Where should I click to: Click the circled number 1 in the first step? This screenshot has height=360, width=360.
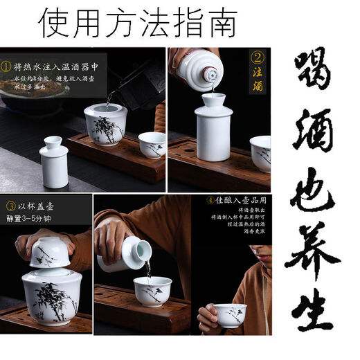tap(6, 67)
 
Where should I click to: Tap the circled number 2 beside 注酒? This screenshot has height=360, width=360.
tap(257, 58)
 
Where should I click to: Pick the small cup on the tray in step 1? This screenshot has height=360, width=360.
tap(152, 144)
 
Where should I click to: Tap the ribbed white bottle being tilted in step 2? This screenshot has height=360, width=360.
tap(200, 69)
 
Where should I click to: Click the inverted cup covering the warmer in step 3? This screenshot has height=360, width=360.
tap(49, 251)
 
